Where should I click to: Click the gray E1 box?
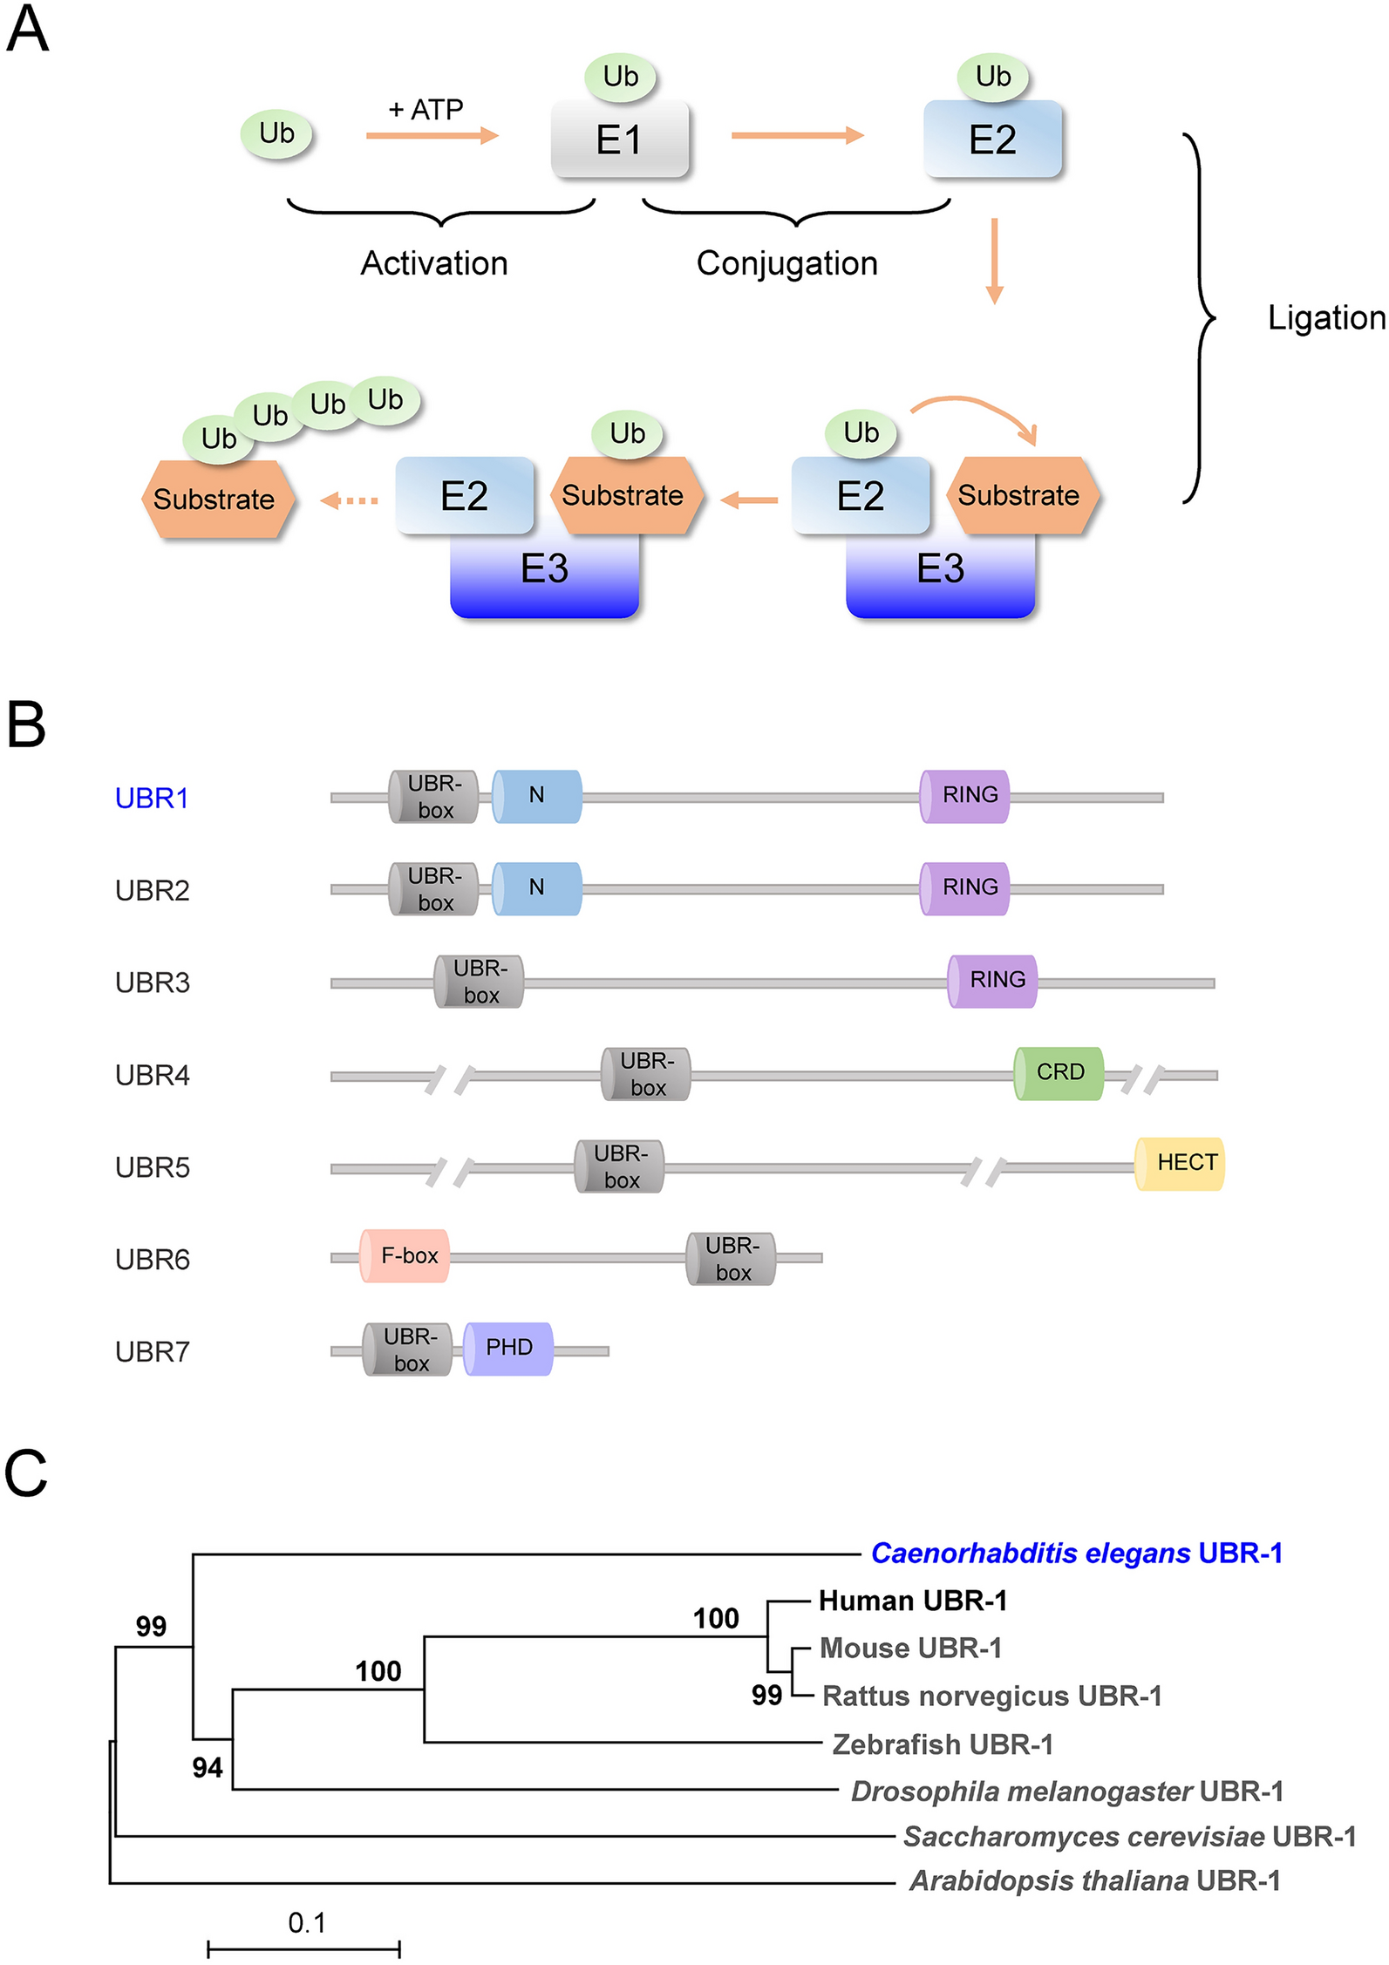619,139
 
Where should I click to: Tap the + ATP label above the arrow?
426,110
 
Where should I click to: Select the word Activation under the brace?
434,263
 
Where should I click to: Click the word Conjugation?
786,263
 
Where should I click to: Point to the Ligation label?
1325,318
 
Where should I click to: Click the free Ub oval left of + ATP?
276,133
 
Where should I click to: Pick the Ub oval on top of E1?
620,77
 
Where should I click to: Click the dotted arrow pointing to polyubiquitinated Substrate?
350,500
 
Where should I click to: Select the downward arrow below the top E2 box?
994,261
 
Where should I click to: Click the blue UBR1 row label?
152,798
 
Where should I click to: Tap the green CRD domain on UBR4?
1059,1072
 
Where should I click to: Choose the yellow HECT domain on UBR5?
1181,1163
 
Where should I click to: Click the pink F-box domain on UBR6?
405,1255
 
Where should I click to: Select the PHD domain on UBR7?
508,1348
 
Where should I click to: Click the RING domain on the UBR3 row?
993,980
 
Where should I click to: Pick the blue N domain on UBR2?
537,887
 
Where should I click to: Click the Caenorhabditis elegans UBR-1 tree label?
1076,1553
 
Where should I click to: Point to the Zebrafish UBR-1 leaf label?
943,1744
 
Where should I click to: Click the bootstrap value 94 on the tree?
208,1767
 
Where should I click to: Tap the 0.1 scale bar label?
307,1922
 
